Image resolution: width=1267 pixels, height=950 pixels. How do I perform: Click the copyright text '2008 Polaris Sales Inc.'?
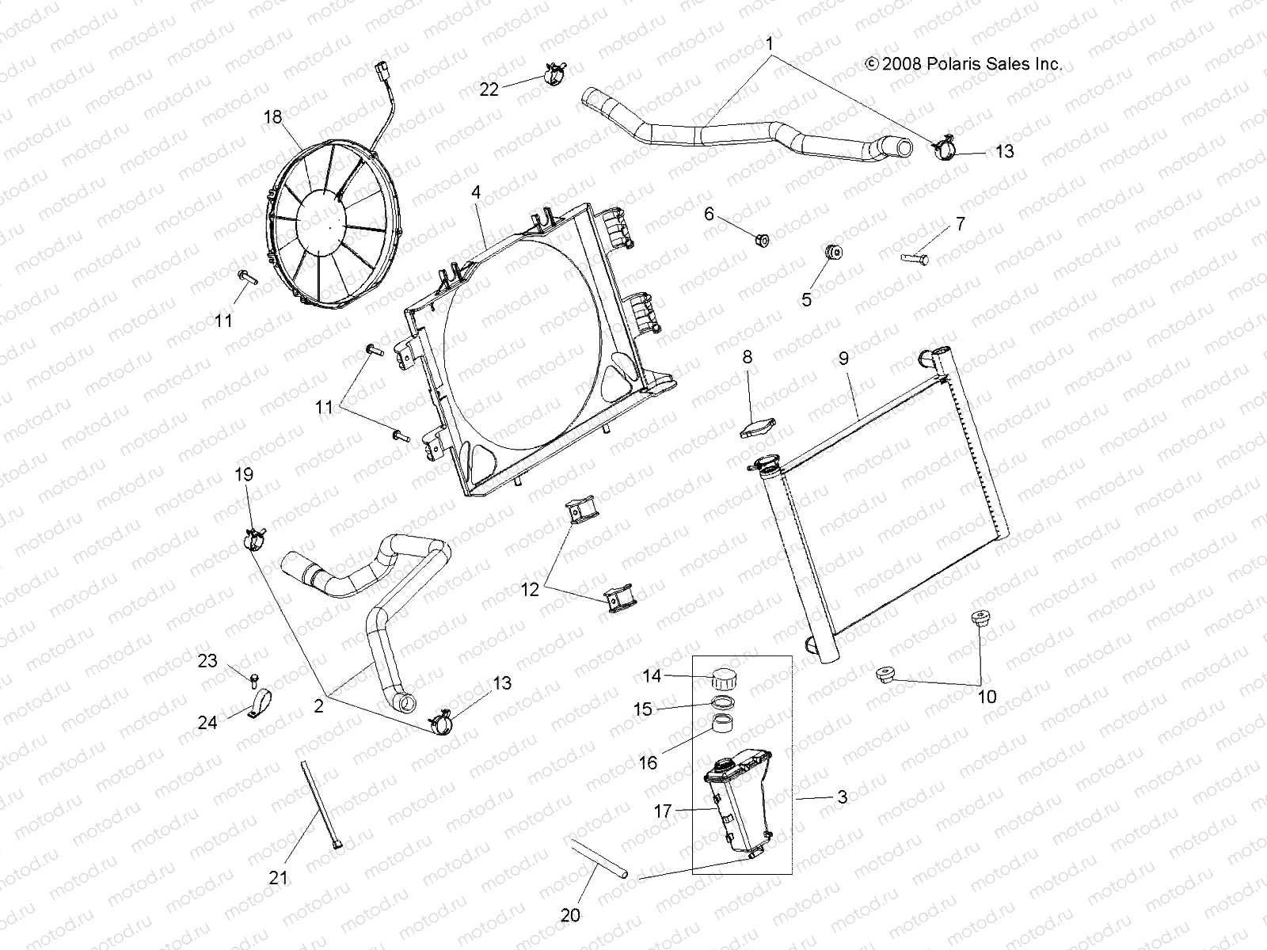pyautogui.click(x=963, y=65)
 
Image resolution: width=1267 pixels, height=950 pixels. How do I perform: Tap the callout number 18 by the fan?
pyautogui.click(x=272, y=117)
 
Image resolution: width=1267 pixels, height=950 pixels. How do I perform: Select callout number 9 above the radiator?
pyautogui.click(x=843, y=359)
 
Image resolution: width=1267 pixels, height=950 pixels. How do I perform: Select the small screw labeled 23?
pyautogui.click(x=255, y=678)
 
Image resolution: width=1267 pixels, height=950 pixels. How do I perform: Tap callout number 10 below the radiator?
pyautogui.click(x=987, y=697)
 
